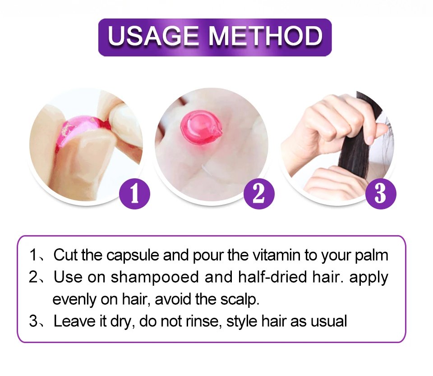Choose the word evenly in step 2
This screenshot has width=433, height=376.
click(x=74, y=300)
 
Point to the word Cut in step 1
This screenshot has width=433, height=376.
click(x=65, y=255)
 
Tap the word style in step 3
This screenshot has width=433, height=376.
click(x=241, y=321)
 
